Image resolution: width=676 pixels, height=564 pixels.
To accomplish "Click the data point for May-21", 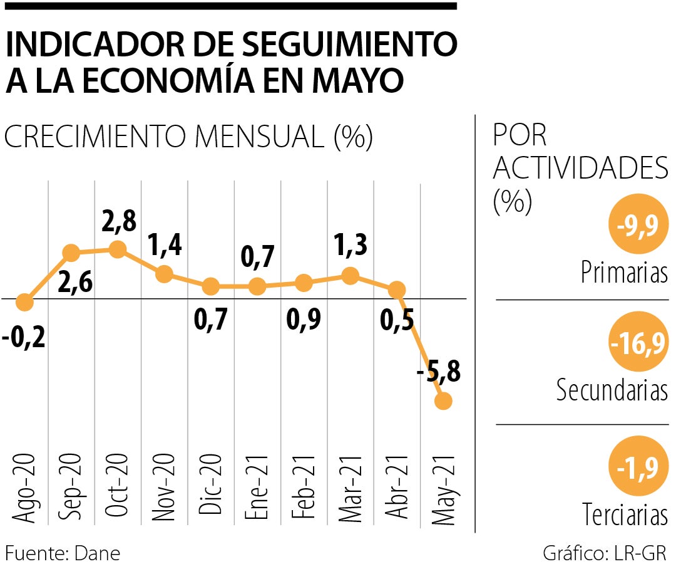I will tap(443, 401).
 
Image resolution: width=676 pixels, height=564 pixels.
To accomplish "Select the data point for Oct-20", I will tap(117, 249).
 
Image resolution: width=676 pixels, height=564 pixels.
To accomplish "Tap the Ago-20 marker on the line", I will tap(24, 303).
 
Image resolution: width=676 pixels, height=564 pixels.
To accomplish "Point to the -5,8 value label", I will tap(438, 374).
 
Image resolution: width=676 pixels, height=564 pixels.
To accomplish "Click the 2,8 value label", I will tap(118, 222).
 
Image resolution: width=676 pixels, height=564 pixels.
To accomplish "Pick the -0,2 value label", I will tap(23, 342).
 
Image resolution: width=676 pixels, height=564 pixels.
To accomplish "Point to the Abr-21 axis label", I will tap(397, 489).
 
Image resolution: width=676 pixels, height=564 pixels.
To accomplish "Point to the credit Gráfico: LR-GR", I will tap(605, 553).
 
